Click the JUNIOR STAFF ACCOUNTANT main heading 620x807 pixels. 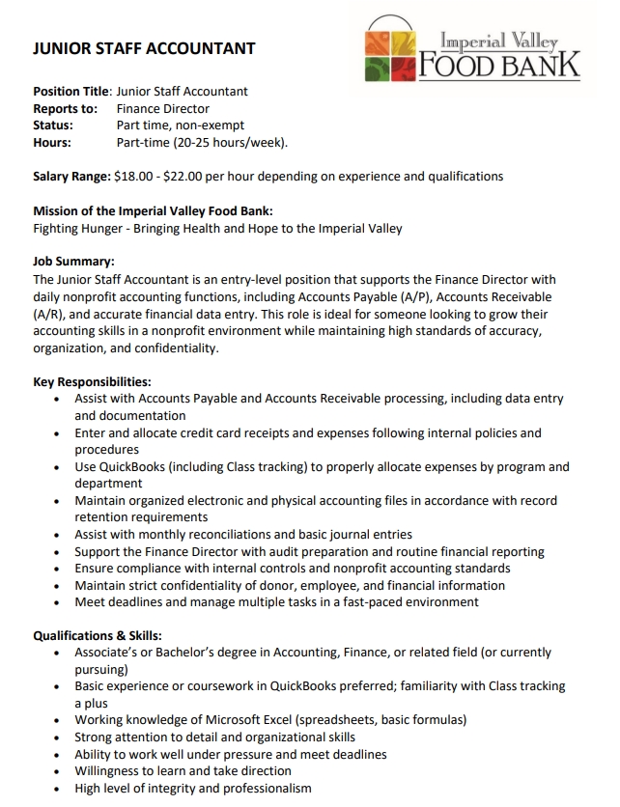click(144, 48)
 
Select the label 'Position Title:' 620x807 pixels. click(72, 92)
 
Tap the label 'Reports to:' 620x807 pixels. click(66, 109)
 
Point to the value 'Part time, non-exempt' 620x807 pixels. click(181, 125)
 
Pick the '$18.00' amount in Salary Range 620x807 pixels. click(132, 177)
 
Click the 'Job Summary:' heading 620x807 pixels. click(73, 262)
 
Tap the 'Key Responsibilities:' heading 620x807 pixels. click(92, 381)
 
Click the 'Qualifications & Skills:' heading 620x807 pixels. click(98, 635)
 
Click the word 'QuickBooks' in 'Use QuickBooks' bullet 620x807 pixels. click(133, 467)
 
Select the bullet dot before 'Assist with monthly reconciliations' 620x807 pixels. click(63, 535)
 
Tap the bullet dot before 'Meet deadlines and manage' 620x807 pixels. click(63, 602)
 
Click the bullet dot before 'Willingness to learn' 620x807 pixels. click(63, 771)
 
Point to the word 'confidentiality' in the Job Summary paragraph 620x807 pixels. click(175, 348)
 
